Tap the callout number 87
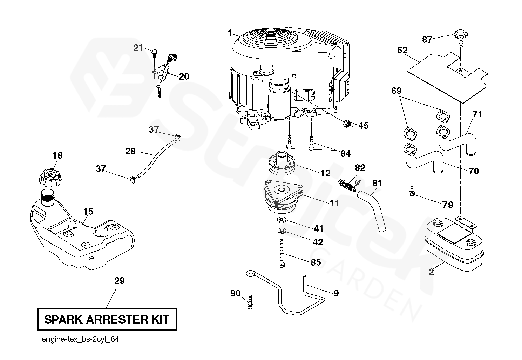click(427, 40)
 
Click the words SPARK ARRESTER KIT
click(107, 319)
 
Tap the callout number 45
click(364, 125)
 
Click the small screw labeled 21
click(154, 53)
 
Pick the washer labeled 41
click(282, 220)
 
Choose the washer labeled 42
click(282, 231)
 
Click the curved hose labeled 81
click(373, 209)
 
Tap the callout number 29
click(119, 281)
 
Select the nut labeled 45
click(347, 124)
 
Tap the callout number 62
click(402, 51)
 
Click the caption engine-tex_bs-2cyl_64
click(77, 340)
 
